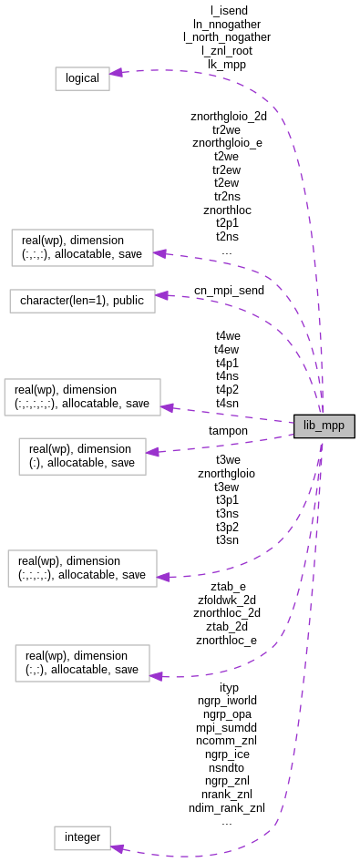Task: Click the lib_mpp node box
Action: pyautogui.click(x=324, y=426)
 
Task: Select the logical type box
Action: pyautogui.click(x=82, y=78)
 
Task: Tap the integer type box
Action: pyautogui.click(x=82, y=837)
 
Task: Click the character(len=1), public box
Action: pyautogui.click(x=82, y=301)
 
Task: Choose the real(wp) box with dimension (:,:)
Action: pyautogui.click(x=82, y=662)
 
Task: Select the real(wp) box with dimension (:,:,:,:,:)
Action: pyautogui.click(x=82, y=396)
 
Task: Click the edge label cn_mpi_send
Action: pyautogui.click(x=229, y=291)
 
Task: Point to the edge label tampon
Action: pyautogui.click(x=228, y=430)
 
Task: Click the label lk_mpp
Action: pyautogui.click(x=227, y=64)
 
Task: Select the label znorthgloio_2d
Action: pyautogui.click(x=229, y=117)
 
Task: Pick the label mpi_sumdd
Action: pyautogui.click(x=226, y=727)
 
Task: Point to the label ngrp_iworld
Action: pyautogui.click(x=226, y=700)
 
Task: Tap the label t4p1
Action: pyautogui.click(x=228, y=362)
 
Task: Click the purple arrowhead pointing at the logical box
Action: pyautogui.click(x=117, y=72)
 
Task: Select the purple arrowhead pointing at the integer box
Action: pyautogui.click(x=118, y=848)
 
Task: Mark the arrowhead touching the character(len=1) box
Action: pyautogui.click(x=161, y=295)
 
